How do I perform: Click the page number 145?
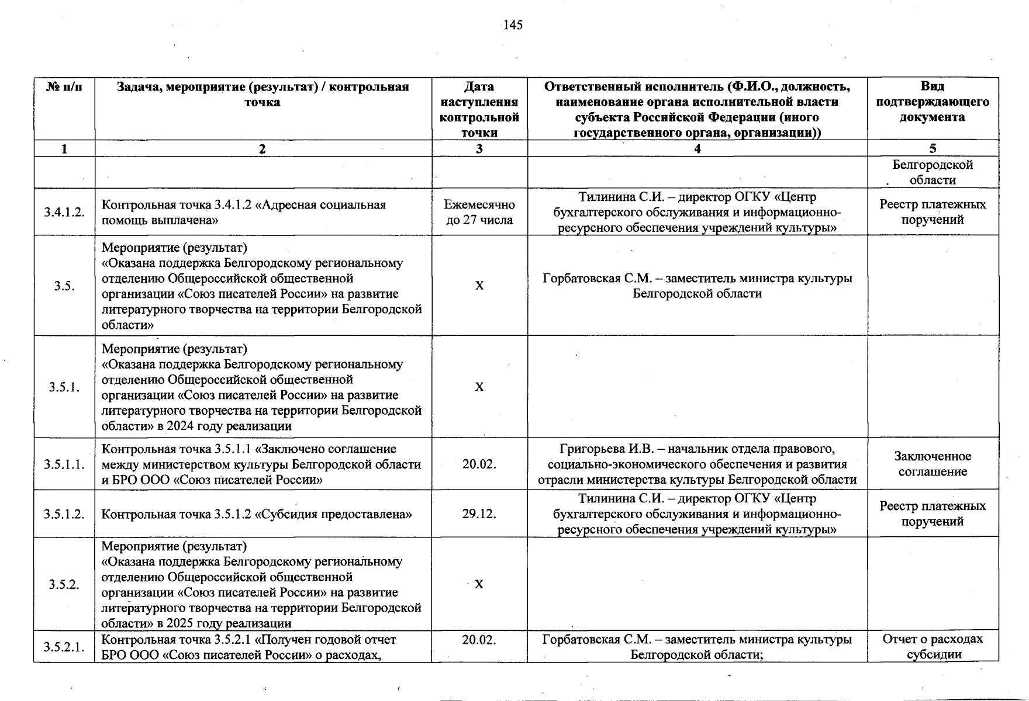513,25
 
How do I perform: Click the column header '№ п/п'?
64,87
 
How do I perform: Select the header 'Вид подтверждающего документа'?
933,102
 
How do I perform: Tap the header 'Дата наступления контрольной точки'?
479,109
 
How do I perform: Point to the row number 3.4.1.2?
64,212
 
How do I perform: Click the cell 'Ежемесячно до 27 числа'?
479,212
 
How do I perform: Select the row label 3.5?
64,286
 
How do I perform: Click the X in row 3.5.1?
479,387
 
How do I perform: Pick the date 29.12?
479,514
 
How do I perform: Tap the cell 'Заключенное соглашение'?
933,464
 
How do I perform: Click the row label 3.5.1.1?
64,464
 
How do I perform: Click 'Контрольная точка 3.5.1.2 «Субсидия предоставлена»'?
257,514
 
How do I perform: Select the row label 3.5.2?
64,584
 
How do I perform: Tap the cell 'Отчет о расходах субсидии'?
933,647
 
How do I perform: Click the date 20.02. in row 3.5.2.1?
479,640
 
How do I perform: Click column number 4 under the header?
697,148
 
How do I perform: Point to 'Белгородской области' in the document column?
933,172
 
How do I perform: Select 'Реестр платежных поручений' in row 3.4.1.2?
933,212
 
